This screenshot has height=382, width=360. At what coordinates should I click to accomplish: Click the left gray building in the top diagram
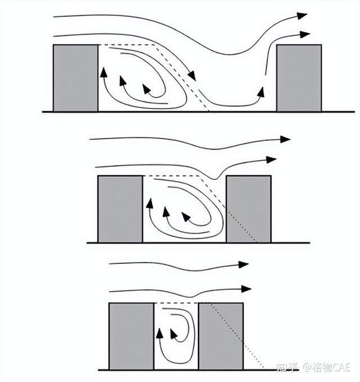click(76, 78)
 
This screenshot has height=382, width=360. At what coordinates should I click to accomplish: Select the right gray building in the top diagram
click(298, 78)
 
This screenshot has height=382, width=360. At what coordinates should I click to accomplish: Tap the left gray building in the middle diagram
click(120, 209)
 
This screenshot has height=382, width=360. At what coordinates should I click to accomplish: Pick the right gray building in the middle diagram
click(248, 209)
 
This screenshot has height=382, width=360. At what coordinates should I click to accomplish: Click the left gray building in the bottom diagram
click(131, 336)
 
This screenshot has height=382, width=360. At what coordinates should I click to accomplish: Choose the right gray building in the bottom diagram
click(220, 336)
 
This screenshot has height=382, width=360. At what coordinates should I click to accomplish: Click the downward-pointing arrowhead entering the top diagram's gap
click(192, 76)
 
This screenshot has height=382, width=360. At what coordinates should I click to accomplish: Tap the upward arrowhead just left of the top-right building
click(261, 91)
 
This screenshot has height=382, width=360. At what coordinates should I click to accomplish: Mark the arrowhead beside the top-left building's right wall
click(103, 72)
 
